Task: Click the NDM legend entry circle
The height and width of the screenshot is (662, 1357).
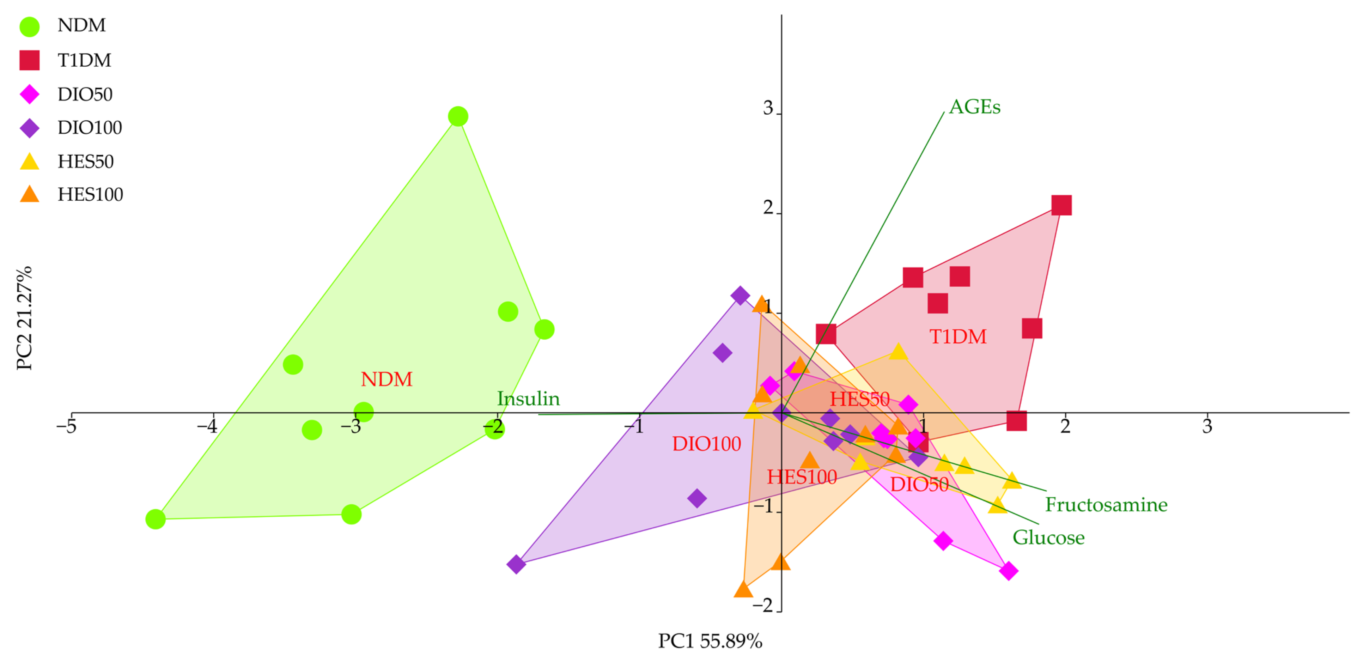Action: [30, 26]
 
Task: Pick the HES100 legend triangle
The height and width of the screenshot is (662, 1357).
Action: [30, 194]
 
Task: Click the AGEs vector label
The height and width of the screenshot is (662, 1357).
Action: [975, 107]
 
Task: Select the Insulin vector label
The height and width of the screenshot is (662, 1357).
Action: [528, 399]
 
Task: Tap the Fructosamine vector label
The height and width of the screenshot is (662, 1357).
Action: [1106, 505]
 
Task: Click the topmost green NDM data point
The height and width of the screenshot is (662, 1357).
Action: [458, 116]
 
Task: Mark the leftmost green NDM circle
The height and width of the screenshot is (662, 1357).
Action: [156, 519]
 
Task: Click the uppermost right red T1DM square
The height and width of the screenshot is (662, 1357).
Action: [1061, 205]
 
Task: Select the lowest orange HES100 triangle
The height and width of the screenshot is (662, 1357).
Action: [743, 589]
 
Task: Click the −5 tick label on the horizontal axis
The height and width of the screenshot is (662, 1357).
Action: [66, 426]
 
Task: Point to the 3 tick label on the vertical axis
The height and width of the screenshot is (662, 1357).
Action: [768, 109]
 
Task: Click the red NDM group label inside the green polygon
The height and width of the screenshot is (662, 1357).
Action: [386, 379]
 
